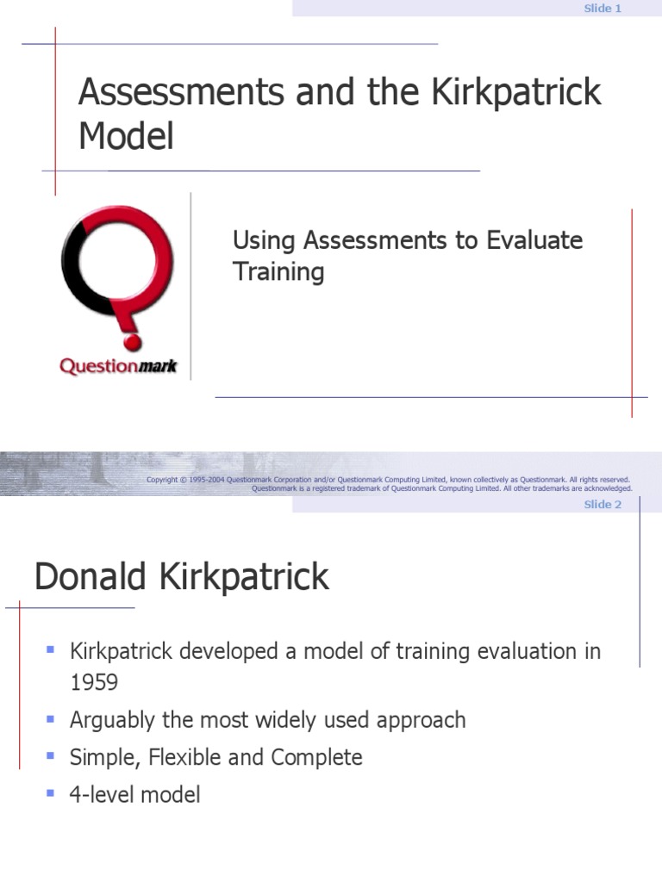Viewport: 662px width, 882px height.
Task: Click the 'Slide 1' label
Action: [x=603, y=9]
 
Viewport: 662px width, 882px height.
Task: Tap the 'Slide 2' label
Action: [x=603, y=505]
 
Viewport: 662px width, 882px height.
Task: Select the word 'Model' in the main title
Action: [x=126, y=136]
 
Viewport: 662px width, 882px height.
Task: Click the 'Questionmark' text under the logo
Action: [x=118, y=366]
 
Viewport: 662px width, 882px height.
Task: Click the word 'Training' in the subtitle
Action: [x=278, y=272]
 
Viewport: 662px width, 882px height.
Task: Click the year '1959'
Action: [x=94, y=683]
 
